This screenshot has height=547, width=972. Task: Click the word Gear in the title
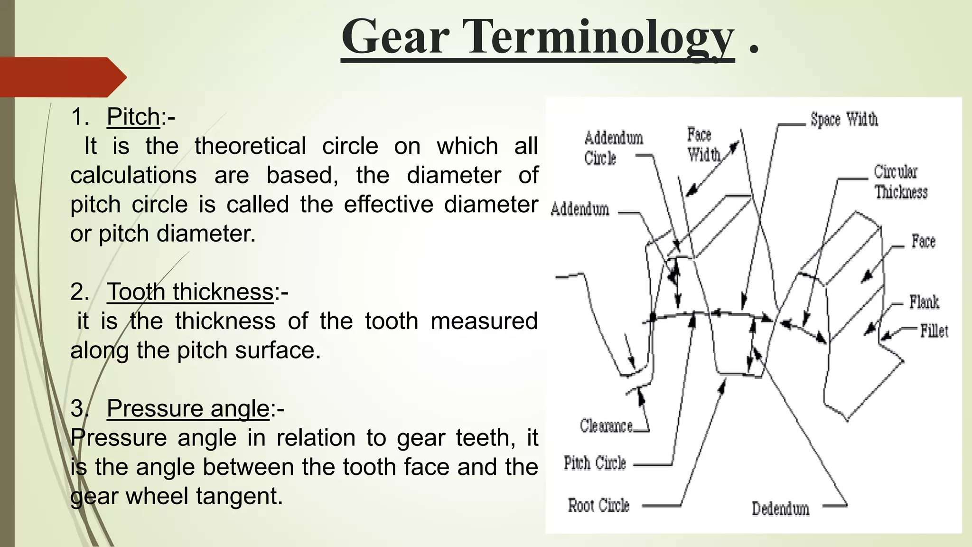395,37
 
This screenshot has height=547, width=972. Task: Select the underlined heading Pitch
133,117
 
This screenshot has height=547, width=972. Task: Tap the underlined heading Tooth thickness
190,292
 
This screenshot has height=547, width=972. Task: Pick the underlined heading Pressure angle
188,408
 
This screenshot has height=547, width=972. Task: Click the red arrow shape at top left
62,77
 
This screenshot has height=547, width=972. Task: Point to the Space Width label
844,120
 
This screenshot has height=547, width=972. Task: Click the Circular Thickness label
900,182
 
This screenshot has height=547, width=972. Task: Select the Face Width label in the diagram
704,145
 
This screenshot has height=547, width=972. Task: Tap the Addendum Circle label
613,148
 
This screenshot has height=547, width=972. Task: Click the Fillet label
934,331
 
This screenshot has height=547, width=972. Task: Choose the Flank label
924,302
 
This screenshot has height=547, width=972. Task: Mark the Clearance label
606,426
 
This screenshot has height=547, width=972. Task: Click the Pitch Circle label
595,463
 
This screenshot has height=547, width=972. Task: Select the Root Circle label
598,505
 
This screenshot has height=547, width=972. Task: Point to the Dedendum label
780,509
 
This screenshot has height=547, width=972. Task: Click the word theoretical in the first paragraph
250,146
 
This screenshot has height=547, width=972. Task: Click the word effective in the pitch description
388,205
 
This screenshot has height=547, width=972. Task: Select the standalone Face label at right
923,241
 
